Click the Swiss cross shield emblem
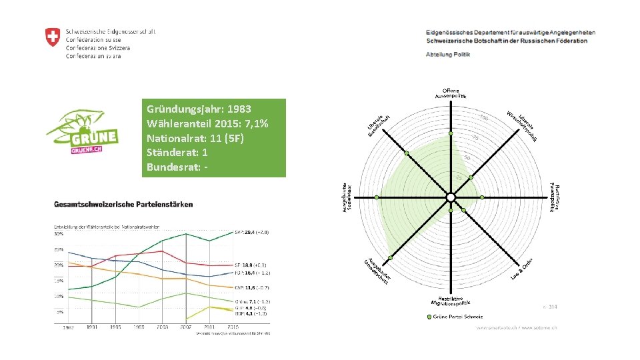52,37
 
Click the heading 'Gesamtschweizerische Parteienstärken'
124,204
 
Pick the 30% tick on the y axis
59,234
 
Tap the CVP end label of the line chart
251,287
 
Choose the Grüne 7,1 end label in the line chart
251,301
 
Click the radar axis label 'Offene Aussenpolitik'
451,93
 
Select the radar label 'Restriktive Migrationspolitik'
450,301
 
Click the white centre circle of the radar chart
451,197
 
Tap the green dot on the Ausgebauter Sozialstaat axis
377,197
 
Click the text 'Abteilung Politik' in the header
448,54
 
